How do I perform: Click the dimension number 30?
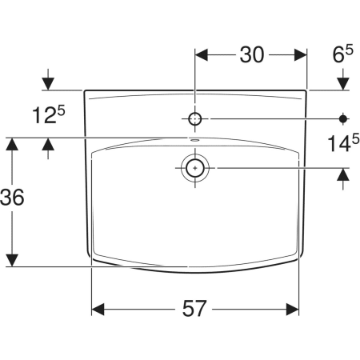252,55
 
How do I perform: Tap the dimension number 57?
194,309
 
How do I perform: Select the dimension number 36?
12,197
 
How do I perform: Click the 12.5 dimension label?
48,114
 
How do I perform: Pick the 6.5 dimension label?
342,54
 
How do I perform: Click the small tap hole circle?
195,118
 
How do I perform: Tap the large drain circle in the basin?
195,168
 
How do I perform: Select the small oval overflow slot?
195,139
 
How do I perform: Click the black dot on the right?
343,118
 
